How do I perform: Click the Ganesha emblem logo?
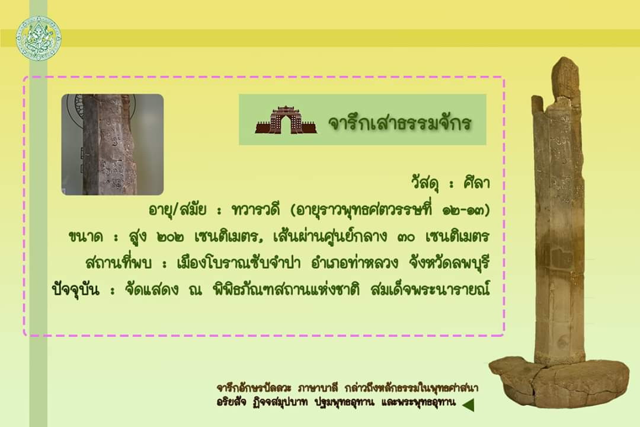(x=39, y=39)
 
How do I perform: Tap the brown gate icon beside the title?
(x=286, y=120)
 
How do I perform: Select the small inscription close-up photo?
(x=113, y=145)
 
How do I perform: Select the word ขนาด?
(x=85, y=237)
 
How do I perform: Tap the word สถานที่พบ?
(x=119, y=262)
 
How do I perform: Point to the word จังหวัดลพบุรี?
(x=449, y=263)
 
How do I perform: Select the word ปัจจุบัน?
(x=76, y=289)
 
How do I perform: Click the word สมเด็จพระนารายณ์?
(x=431, y=289)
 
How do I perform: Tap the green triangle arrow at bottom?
(x=469, y=404)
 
